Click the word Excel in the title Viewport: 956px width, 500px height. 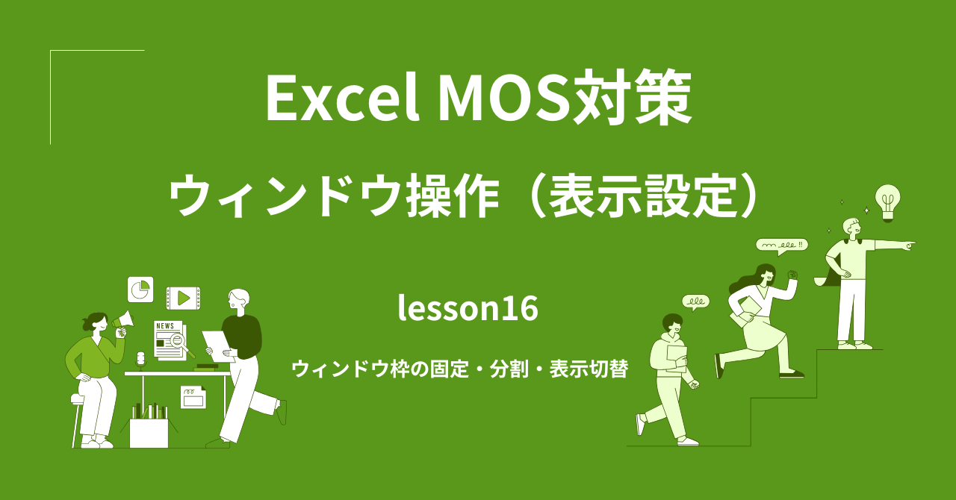(341, 99)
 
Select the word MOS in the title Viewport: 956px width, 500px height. (502, 99)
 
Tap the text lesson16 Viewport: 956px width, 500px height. (468, 308)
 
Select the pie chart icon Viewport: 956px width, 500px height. (140, 289)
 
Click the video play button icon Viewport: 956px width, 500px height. (183, 299)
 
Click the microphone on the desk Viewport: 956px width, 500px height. (140, 360)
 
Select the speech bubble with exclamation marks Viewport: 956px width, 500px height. (781, 245)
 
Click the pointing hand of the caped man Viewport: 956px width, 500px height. (909, 244)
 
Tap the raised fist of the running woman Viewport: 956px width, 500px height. (792, 275)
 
